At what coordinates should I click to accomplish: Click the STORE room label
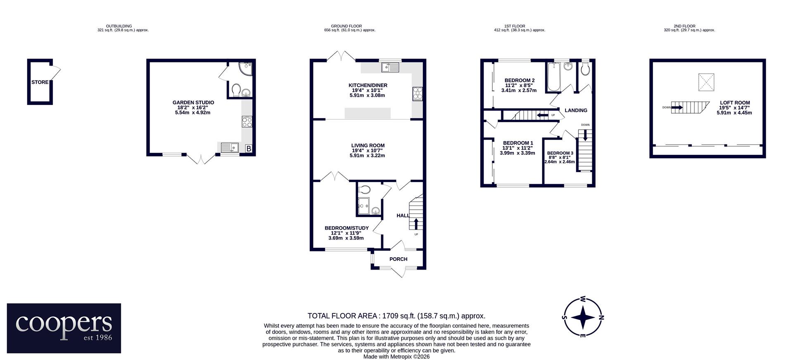click(x=40, y=82)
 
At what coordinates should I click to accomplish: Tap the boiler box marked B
click(x=249, y=149)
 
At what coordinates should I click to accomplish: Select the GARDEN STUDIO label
click(x=193, y=102)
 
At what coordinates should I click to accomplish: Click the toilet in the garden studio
click(x=237, y=90)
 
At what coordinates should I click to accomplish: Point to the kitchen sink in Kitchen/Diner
click(x=390, y=67)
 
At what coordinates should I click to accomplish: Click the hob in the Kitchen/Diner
click(x=417, y=94)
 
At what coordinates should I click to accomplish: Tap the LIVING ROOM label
click(x=368, y=145)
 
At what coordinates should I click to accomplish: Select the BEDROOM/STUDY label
click(x=347, y=228)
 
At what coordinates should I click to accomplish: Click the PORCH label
click(x=398, y=259)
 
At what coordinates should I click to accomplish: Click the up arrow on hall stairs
click(x=415, y=224)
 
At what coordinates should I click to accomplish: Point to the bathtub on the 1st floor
click(x=553, y=77)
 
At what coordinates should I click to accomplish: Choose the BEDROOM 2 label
click(x=520, y=81)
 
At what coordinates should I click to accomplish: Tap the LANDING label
click(x=576, y=110)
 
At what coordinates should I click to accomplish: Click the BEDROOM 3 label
click(x=560, y=153)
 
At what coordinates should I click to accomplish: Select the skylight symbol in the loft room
click(x=706, y=82)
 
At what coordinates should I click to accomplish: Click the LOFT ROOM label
click(x=735, y=103)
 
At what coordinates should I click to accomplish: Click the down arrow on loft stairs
click(x=677, y=107)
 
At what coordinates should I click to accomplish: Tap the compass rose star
click(x=583, y=317)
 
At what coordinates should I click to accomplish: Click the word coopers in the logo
click(x=64, y=324)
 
